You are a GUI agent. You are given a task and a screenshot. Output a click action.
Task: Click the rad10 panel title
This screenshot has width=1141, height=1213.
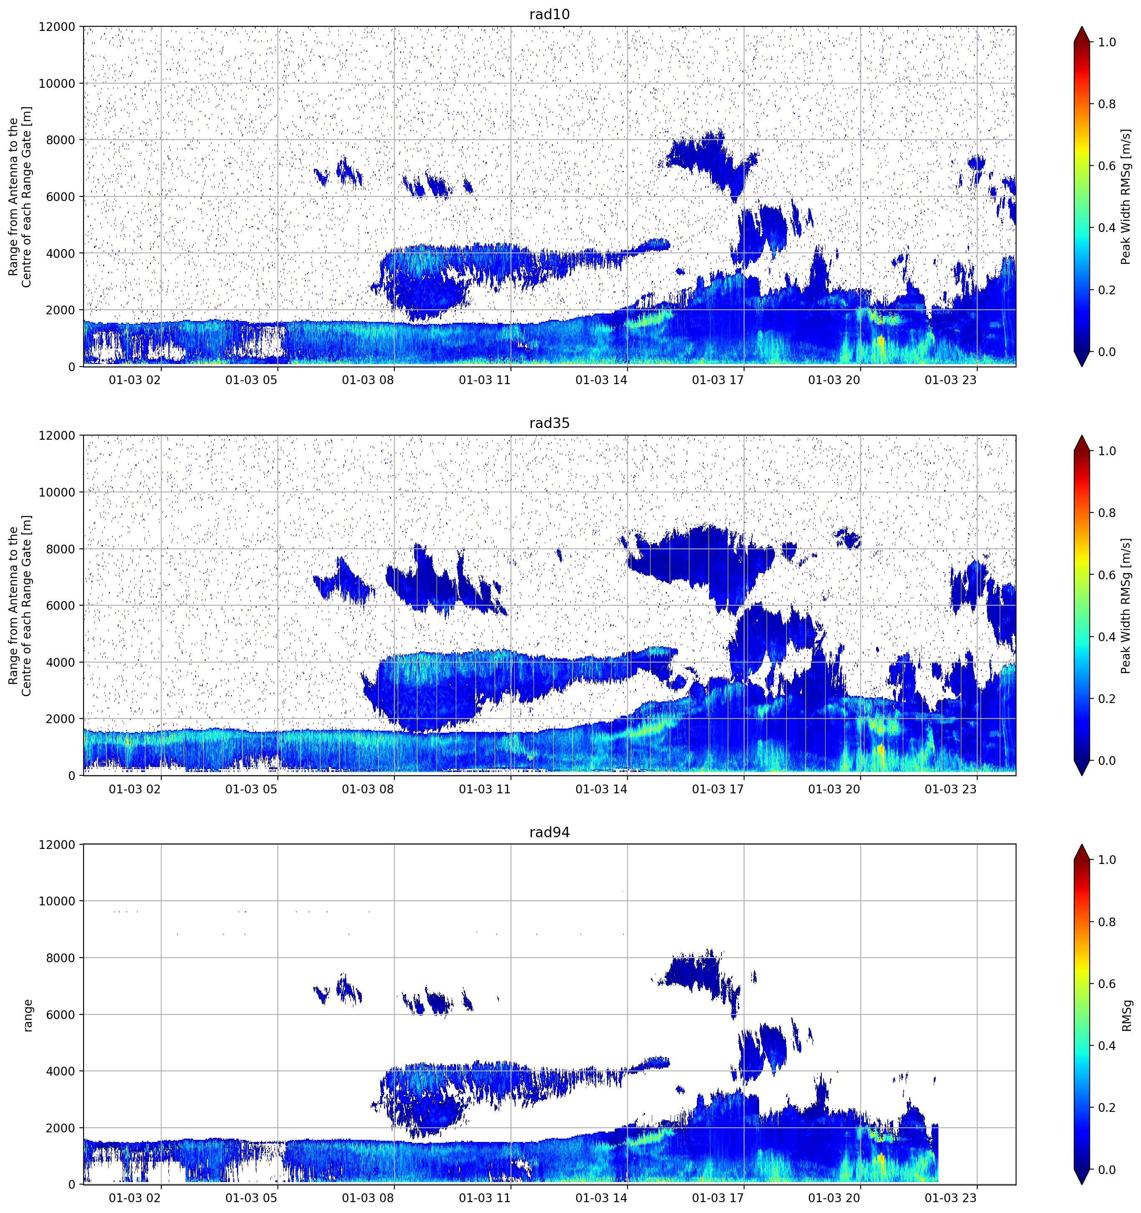coord(549,14)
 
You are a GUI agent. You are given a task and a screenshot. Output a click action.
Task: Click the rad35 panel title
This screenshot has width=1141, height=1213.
coord(549,423)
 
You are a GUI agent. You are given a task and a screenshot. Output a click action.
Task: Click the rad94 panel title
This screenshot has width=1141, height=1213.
coord(549,832)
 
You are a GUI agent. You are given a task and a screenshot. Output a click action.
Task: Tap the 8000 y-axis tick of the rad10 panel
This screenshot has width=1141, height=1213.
coord(61,140)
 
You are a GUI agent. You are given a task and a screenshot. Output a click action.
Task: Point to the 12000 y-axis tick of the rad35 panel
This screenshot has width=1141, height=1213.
coord(57,436)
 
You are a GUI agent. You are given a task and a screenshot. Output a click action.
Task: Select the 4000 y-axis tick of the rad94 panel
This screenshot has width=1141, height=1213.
coord(61,1071)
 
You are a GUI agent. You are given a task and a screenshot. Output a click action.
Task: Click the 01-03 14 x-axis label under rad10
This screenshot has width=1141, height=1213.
coord(601,380)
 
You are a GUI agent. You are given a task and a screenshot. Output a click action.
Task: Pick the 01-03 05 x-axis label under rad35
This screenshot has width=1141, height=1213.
coord(251,789)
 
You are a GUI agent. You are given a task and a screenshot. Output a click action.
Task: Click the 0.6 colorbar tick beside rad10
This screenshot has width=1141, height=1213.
coord(1106,166)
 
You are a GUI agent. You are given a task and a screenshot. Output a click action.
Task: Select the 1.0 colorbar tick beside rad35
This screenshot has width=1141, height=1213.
coord(1106,451)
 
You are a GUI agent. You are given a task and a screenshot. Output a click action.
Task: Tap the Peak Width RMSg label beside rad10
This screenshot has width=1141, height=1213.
coord(1126,196)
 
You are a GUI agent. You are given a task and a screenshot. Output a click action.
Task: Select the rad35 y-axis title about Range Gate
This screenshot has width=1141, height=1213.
coord(20,605)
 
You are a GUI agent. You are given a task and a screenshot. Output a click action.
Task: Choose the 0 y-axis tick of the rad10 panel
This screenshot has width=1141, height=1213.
coord(72,367)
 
